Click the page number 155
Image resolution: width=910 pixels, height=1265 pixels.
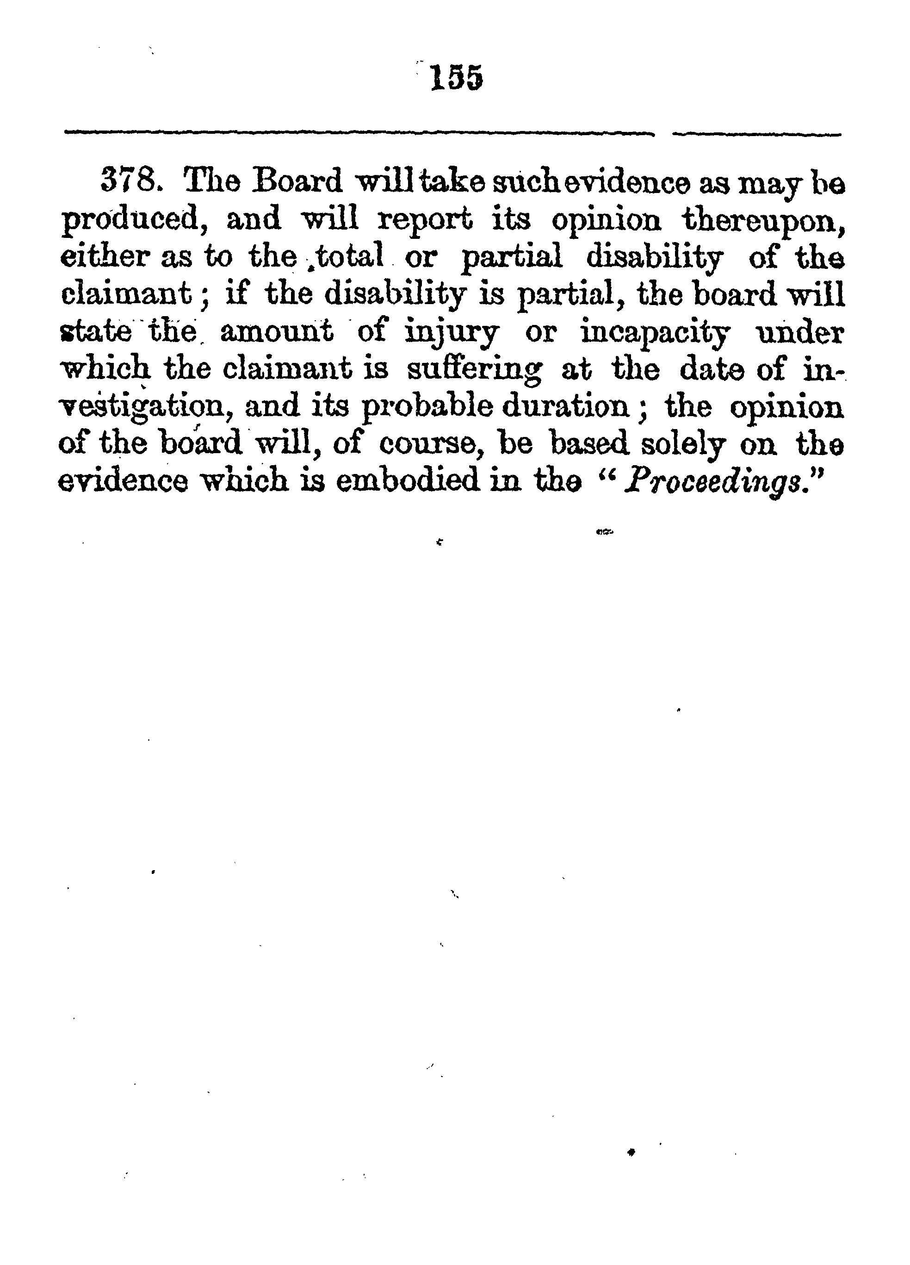point(456,79)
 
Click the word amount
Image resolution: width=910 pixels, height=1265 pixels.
point(277,332)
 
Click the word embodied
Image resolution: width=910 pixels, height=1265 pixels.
point(407,481)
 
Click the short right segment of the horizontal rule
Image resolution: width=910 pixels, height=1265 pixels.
point(757,134)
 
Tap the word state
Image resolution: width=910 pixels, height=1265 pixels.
point(95,332)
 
